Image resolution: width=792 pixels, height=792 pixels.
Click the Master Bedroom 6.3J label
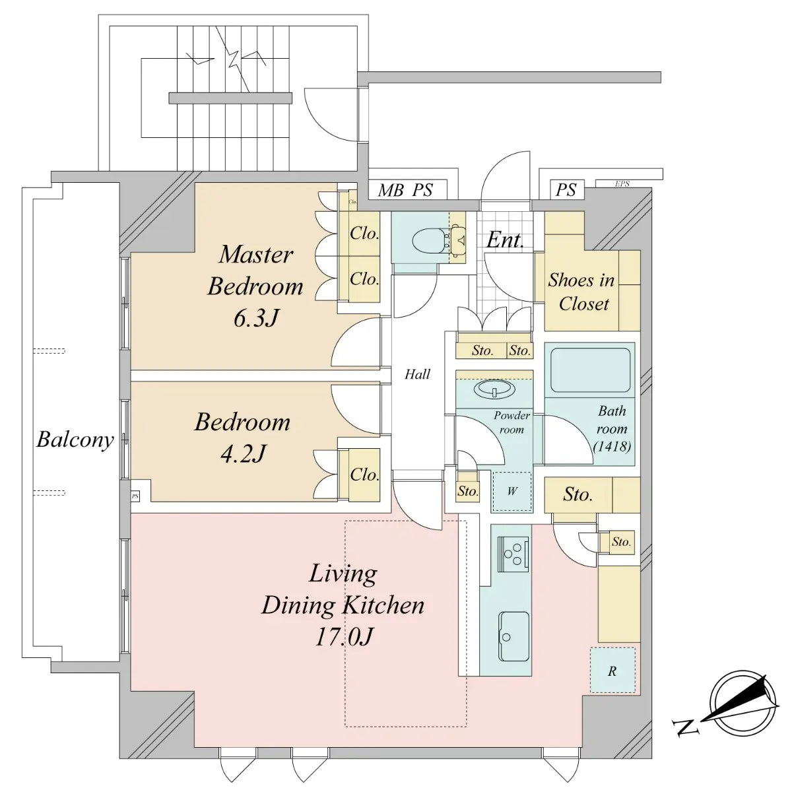point(255,286)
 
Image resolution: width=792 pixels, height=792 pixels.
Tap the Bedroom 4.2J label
point(242,438)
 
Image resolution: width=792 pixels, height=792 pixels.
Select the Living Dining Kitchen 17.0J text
point(343,605)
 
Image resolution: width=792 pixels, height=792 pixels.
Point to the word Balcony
point(75,440)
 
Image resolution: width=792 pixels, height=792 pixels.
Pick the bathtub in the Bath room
point(590,370)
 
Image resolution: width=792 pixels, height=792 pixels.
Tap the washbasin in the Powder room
point(494,389)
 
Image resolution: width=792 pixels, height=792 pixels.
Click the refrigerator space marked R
point(612,671)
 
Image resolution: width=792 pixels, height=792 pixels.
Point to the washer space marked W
point(512,491)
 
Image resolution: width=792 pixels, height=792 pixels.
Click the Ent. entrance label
point(505,240)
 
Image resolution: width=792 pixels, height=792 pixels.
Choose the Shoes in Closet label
point(581,291)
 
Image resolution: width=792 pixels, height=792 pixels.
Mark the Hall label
point(417,374)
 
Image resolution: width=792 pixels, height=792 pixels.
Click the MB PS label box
point(405,191)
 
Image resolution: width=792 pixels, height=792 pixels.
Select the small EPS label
point(622,183)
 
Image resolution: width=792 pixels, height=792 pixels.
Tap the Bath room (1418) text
point(612,428)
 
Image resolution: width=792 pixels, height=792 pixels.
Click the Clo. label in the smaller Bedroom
point(364,474)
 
